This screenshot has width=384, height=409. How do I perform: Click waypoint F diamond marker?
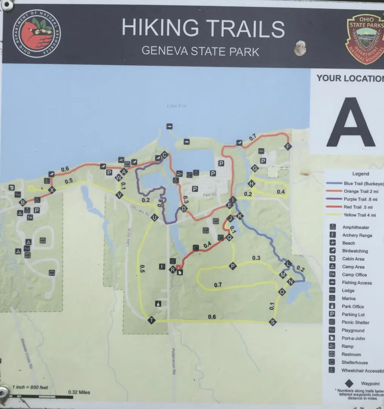[288, 147]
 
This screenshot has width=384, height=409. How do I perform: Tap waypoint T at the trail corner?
[151, 320]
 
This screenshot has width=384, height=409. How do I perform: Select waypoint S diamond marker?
[272, 322]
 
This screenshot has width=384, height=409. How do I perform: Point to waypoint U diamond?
[154, 217]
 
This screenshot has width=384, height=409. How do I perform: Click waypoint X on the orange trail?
[52, 190]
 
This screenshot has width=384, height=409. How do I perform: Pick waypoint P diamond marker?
[233, 266]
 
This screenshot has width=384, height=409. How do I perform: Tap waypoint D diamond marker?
[184, 208]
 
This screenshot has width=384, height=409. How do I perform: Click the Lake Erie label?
[177, 105]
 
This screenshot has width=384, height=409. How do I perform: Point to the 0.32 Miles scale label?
[79, 392]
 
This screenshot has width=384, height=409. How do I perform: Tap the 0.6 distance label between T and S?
[212, 317]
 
